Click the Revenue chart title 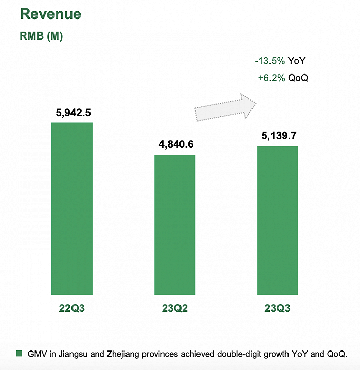(x=50, y=14)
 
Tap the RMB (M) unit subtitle (x=41, y=36)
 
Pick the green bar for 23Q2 (x=175, y=225)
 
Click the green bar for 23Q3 (x=278, y=220)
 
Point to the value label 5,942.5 (x=72, y=112)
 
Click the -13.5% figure (x=269, y=61)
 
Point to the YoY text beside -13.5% (x=297, y=61)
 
